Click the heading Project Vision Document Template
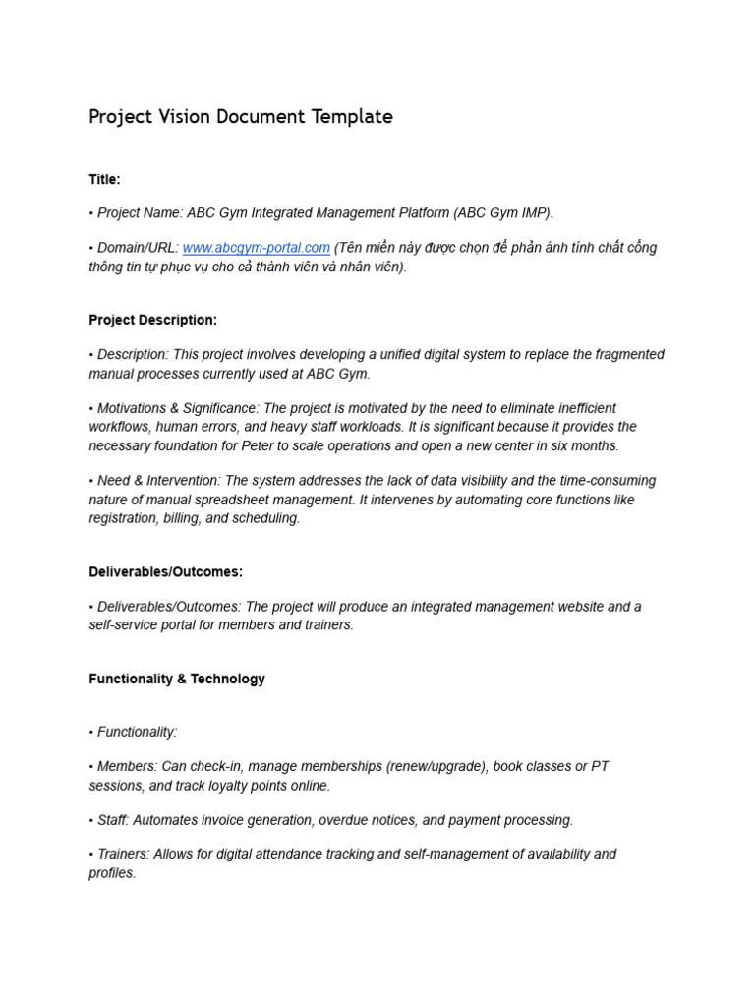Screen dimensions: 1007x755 click(241, 117)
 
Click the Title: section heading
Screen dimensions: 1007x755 click(104, 179)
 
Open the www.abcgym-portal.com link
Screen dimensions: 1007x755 click(256, 248)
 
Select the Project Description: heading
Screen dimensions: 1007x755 click(152, 320)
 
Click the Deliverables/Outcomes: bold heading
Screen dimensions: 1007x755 click(165, 571)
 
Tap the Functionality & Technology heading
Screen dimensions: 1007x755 click(177, 679)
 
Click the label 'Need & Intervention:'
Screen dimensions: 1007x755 click(158, 481)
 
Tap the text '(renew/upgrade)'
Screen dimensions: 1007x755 click(436, 766)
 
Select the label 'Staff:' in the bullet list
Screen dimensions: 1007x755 click(113, 820)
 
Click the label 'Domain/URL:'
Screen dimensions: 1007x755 click(138, 248)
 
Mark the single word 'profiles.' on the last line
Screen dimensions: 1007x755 click(112, 873)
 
